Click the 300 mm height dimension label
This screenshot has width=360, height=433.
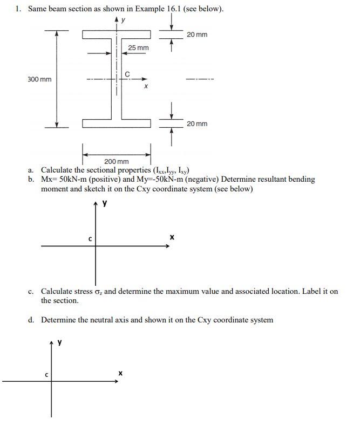click(39, 80)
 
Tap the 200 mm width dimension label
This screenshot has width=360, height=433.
click(117, 161)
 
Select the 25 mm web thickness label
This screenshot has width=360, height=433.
click(138, 49)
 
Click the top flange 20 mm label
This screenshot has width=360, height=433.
click(196, 35)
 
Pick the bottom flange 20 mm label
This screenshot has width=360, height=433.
click(196, 124)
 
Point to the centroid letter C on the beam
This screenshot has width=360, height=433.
click(127, 74)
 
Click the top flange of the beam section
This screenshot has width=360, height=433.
click(116, 35)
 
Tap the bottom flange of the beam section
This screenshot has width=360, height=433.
click(116, 124)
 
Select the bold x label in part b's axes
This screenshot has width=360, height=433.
click(172, 237)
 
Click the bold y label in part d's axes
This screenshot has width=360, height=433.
click(60, 342)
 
